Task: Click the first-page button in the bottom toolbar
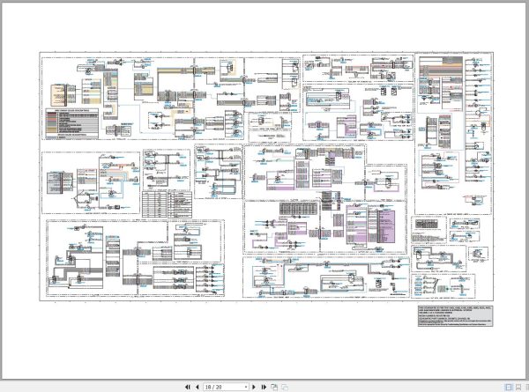click(186, 386)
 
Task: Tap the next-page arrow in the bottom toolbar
click(255, 386)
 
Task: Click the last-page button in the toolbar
click(264, 386)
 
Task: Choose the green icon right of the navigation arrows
click(274, 386)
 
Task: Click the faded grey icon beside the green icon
click(284, 386)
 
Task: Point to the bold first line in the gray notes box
click(449, 310)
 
